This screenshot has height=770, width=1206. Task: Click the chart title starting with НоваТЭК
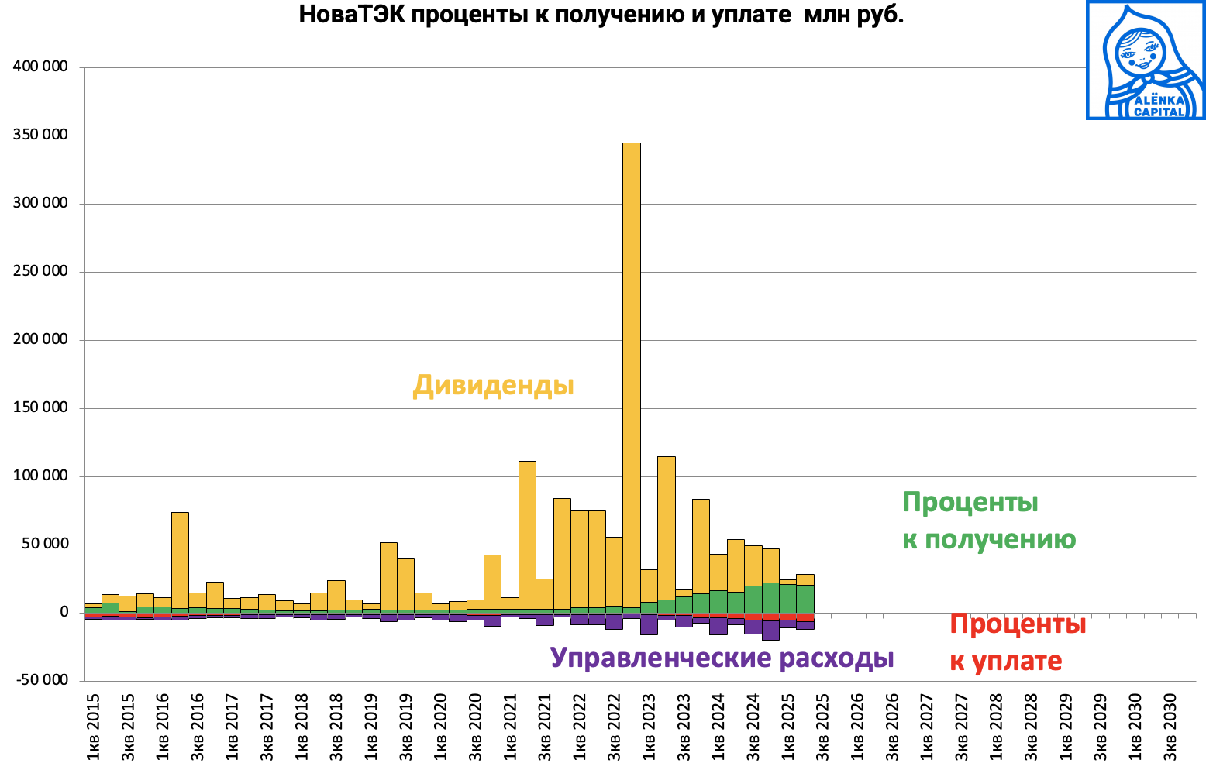(x=601, y=15)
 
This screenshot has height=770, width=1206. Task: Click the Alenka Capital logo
(x=1146, y=60)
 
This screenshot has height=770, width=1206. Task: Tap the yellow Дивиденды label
(x=494, y=385)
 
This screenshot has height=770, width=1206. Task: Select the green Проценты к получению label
(x=988, y=521)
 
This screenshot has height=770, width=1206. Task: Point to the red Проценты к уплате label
(x=1017, y=642)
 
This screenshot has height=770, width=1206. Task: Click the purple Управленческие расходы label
(x=722, y=658)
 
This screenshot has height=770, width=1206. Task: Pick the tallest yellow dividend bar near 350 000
(x=632, y=372)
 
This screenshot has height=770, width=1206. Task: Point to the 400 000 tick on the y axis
(x=40, y=67)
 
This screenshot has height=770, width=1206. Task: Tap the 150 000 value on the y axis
(x=40, y=407)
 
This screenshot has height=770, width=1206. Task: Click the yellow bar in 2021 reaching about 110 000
(x=527, y=535)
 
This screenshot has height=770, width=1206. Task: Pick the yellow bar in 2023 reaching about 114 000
(x=666, y=527)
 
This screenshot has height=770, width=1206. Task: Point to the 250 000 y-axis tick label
(x=40, y=272)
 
